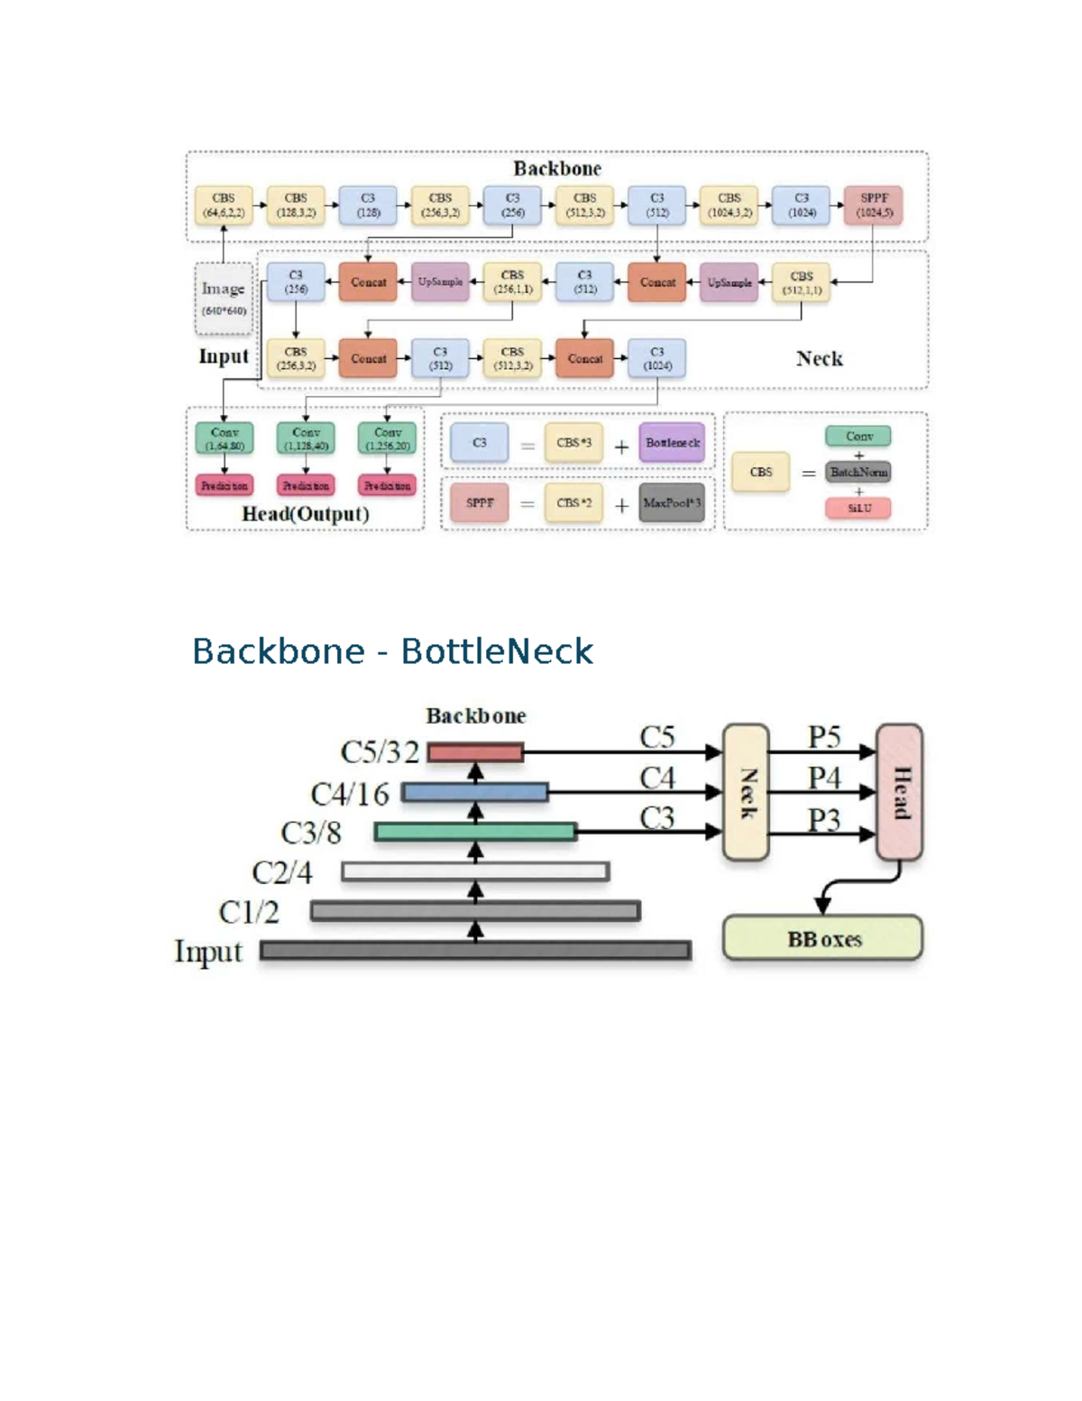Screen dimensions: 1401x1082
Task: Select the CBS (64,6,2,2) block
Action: pyautogui.click(x=224, y=206)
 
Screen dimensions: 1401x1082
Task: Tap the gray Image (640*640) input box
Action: pyautogui.click(x=223, y=298)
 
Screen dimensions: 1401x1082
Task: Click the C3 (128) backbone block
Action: pyautogui.click(x=368, y=206)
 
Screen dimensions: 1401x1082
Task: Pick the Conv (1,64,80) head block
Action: pyautogui.click(x=224, y=438)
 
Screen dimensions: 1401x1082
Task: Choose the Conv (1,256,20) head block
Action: pyautogui.click(x=387, y=438)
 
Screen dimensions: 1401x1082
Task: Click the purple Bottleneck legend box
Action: pyautogui.click(x=672, y=443)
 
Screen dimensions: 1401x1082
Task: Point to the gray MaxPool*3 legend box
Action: pyautogui.click(x=672, y=502)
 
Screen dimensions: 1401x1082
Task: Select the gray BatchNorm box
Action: pyautogui.click(x=857, y=472)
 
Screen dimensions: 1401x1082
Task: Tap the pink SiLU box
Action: pyautogui.click(x=857, y=508)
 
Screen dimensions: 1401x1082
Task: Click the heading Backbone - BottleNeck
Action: pyautogui.click(x=392, y=651)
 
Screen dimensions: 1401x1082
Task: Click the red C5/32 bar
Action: pyautogui.click(x=475, y=752)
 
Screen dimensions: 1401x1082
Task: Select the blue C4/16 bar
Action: pyautogui.click(x=475, y=792)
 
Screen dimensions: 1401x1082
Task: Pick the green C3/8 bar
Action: pyautogui.click(x=475, y=832)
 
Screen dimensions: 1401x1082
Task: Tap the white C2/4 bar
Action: pyautogui.click(x=475, y=871)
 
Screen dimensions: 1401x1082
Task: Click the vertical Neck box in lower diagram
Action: pyautogui.click(x=746, y=792)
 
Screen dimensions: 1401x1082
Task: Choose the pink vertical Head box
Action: pyautogui.click(x=899, y=792)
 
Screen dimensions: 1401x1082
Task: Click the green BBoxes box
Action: pyautogui.click(x=822, y=939)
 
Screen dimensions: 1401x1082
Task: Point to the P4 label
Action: pyautogui.click(x=824, y=778)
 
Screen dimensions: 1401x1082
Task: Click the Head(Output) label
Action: pyautogui.click(x=306, y=514)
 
